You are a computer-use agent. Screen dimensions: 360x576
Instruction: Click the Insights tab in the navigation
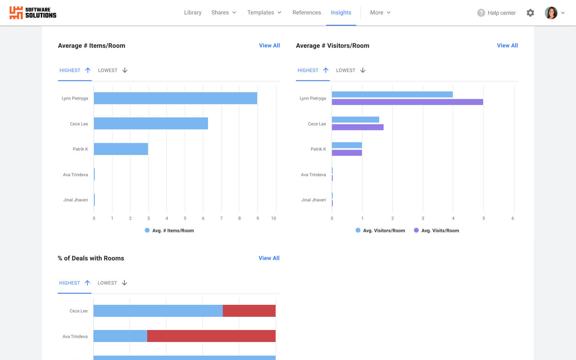[341, 12]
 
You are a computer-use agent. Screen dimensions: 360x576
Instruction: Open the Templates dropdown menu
[264, 12]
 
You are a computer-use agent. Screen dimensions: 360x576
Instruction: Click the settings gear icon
[530, 13]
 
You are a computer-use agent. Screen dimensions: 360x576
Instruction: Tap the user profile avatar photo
[551, 13]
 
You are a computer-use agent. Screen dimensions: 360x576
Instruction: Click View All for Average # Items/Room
[269, 46]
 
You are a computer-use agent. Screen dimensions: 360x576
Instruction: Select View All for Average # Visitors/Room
[507, 46]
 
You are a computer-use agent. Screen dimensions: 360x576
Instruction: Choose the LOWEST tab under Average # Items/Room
[112, 70]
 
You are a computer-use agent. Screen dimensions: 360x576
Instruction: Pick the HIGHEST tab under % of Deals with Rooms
[74, 283]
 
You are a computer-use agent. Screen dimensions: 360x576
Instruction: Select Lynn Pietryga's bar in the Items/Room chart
[175, 98]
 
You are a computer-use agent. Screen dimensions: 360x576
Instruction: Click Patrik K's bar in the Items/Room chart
[121, 149]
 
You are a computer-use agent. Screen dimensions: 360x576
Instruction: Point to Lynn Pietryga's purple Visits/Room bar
[407, 102]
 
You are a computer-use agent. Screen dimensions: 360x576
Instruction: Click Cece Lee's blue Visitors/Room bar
[355, 120]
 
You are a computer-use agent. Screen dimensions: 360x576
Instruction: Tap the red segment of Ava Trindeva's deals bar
[211, 336]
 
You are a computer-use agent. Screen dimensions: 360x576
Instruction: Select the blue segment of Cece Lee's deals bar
[158, 311]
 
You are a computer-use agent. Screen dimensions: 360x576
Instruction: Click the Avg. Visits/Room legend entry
[436, 230]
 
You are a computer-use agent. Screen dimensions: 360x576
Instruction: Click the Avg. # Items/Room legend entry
[169, 230]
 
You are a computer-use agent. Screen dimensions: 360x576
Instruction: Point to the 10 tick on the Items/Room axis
[274, 218]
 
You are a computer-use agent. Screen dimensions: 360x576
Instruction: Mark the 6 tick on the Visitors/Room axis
[512, 218]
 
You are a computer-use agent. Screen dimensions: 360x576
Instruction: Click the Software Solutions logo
[33, 13]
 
